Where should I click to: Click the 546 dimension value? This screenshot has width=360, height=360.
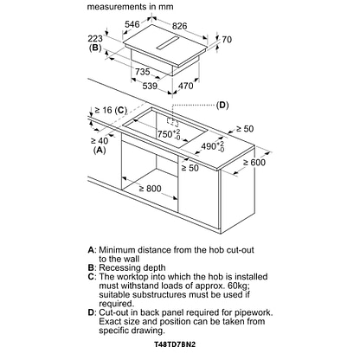[132, 24]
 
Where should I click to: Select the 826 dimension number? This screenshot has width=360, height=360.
[180, 26]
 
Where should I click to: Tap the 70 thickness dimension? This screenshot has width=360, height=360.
[227, 40]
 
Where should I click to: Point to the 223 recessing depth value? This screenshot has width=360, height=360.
[95, 38]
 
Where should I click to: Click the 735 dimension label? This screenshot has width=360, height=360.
[143, 72]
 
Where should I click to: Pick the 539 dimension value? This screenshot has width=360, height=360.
[150, 86]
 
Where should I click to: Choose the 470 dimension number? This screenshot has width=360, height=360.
[185, 86]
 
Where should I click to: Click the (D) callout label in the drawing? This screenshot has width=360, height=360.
[222, 105]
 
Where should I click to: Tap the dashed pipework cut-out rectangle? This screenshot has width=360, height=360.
[172, 121]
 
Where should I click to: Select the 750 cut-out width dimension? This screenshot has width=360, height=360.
[169, 134]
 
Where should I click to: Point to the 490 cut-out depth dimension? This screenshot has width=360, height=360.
[213, 146]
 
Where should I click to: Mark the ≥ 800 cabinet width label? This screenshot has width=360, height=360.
[151, 189]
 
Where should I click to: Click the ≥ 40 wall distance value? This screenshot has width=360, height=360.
[100, 141]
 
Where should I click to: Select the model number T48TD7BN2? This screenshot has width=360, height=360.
[175, 344]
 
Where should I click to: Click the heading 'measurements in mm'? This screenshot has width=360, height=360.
[131, 7]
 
